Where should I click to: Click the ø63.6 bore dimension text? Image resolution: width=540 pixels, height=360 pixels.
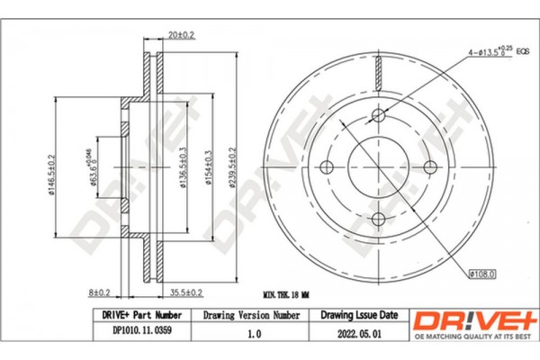pyautogui.click(x=93, y=162)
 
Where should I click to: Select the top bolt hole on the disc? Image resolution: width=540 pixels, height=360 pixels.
pyautogui.click(x=379, y=113)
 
